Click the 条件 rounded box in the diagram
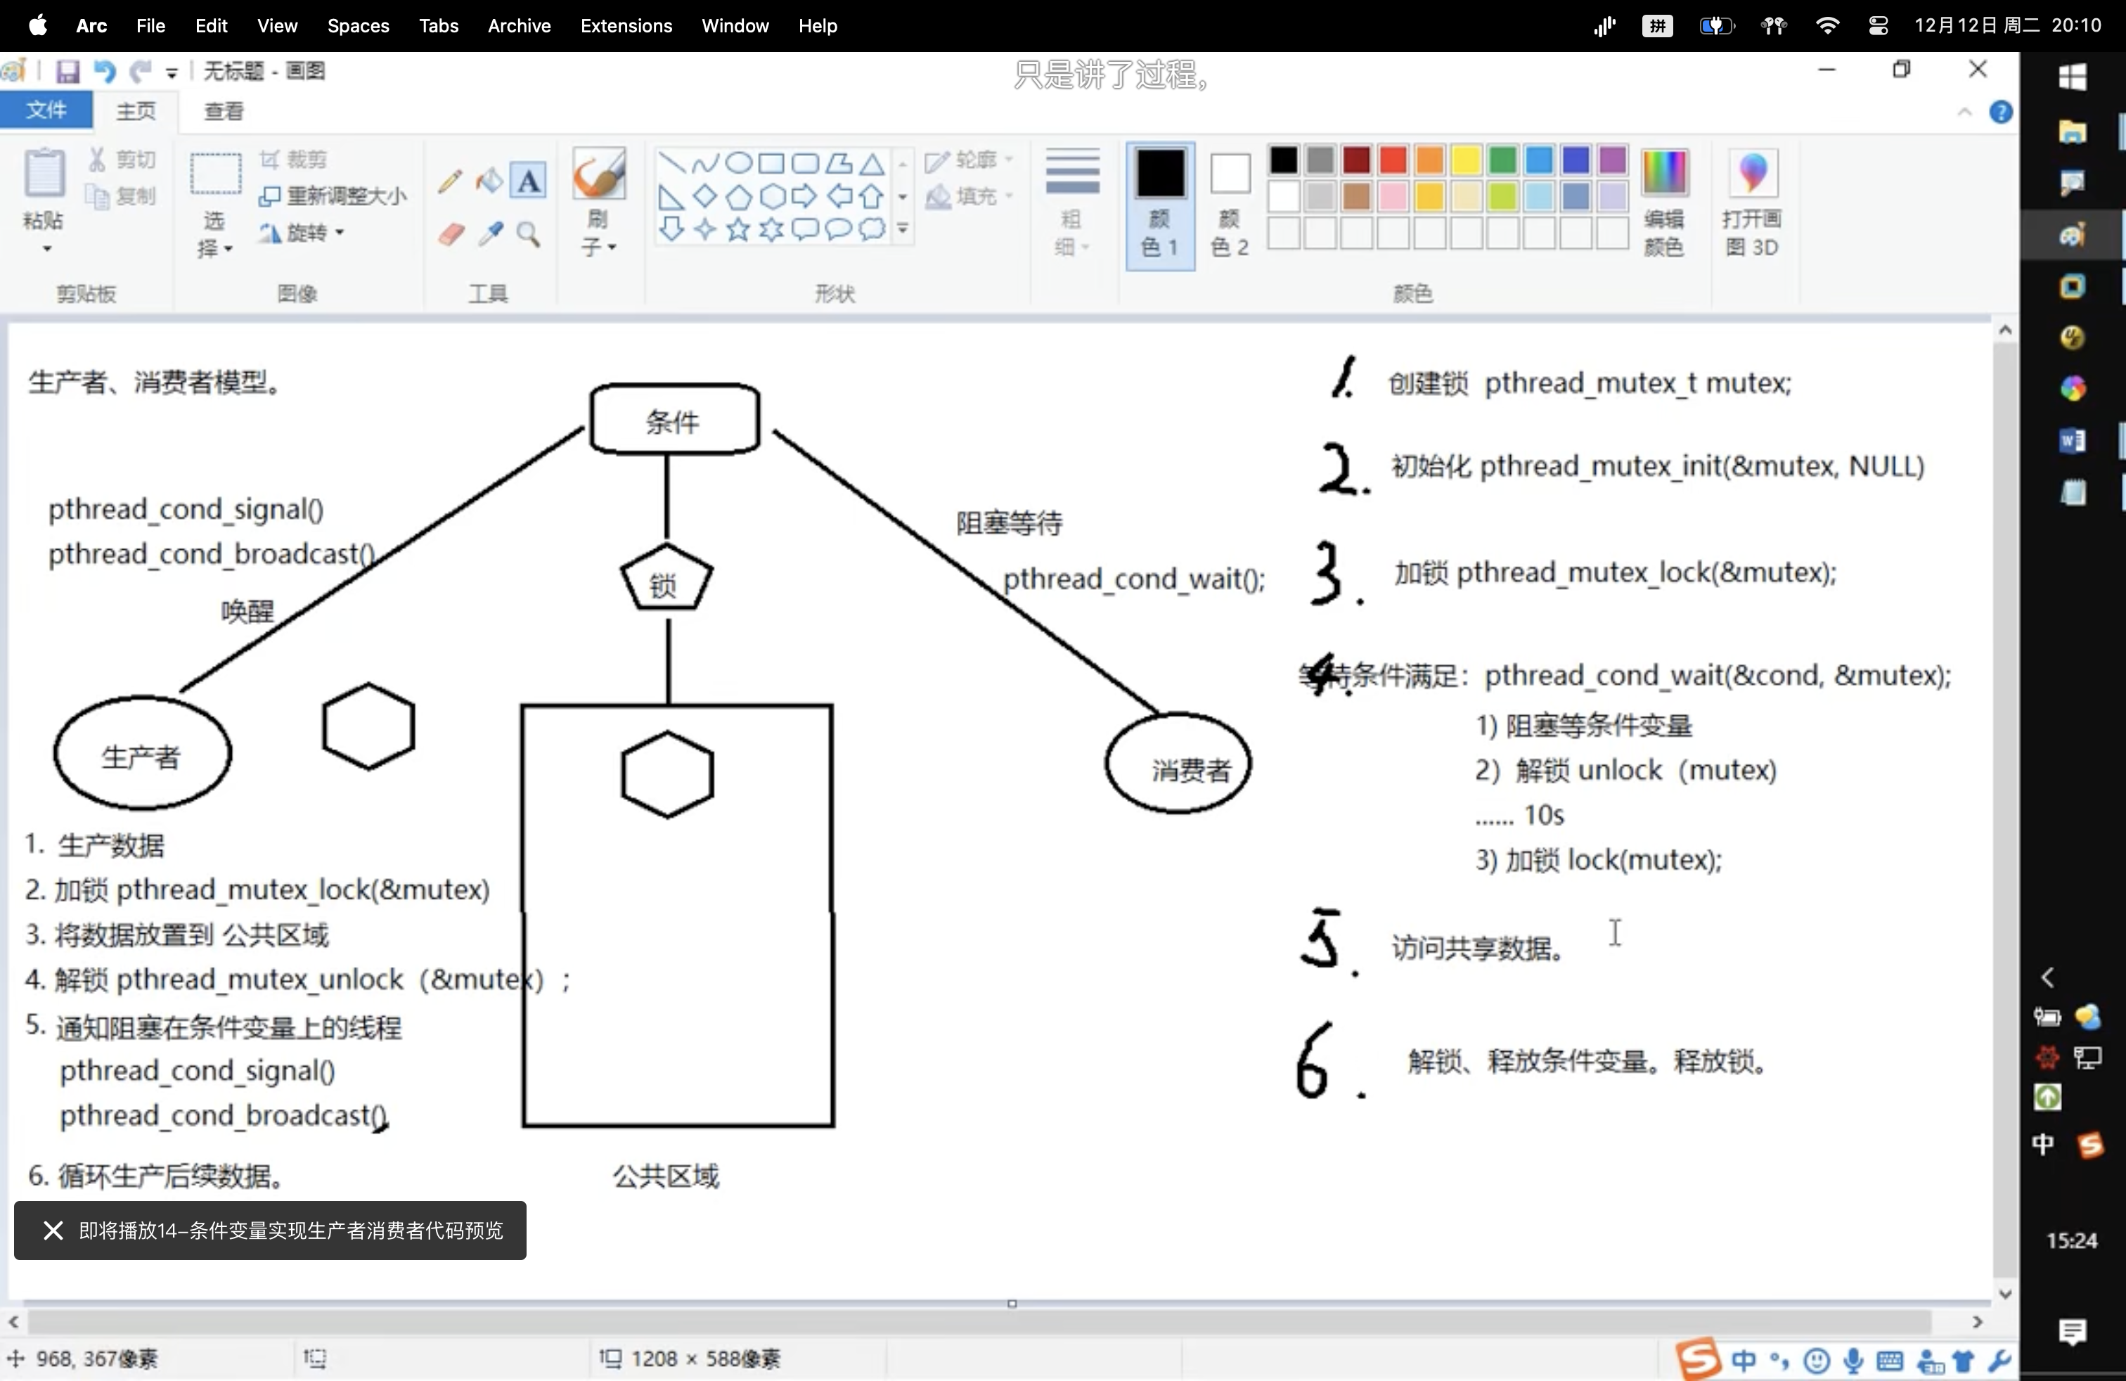[x=674, y=420]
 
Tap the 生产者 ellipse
[x=142, y=754]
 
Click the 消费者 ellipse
[x=1178, y=764]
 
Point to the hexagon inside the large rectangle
[x=667, y=774]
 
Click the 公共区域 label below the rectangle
[x=666, y=1176]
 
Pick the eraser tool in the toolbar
[x=451, y=234]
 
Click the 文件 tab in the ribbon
[x=46, y=110]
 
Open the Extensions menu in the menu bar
[x=625, y=26]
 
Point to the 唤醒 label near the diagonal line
[x=247, y=611]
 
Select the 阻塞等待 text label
[x=1010, y=522]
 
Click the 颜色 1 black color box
[x=1159, y=172]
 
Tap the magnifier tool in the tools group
[x=529, y=234]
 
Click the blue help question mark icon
[x=2000, y=112]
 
